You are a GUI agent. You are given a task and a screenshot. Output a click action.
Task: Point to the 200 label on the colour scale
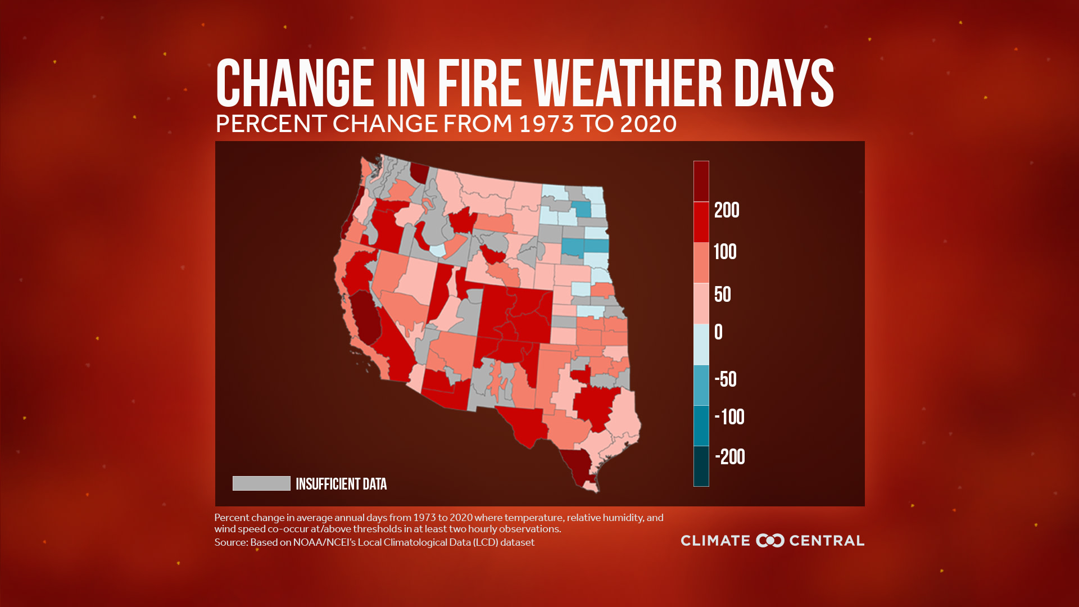click(x=727, y=210)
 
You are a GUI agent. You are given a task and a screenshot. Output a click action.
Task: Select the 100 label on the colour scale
click(x=725, y=252)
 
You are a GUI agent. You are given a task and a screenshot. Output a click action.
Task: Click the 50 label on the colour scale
click(x=723, y=295)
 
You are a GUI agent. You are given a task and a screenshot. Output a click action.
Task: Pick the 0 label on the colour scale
click(x=718, y=332)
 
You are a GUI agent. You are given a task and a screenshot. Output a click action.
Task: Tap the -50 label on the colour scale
click(x=726, y=379)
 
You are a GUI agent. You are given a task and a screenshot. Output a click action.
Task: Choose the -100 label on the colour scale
click(x=729, y=417)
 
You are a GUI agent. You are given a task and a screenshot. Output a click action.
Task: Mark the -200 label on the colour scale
click(x=730, y=457)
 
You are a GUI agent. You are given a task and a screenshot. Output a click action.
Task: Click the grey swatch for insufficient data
click(x=261, y=483)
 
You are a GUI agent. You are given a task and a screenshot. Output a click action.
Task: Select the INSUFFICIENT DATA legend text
click(x=341, y=484)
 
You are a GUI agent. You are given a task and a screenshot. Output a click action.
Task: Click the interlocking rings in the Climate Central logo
click(x=770, y=541)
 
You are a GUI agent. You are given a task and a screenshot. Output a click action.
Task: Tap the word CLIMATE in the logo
click(x=715, y=541)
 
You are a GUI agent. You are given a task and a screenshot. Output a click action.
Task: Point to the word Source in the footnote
click(x=231, y=542)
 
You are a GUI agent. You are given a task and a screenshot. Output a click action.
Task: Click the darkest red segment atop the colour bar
click(x=701, y=181)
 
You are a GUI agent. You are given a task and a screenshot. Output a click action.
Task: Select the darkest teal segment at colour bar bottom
click(x=701, y=466)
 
